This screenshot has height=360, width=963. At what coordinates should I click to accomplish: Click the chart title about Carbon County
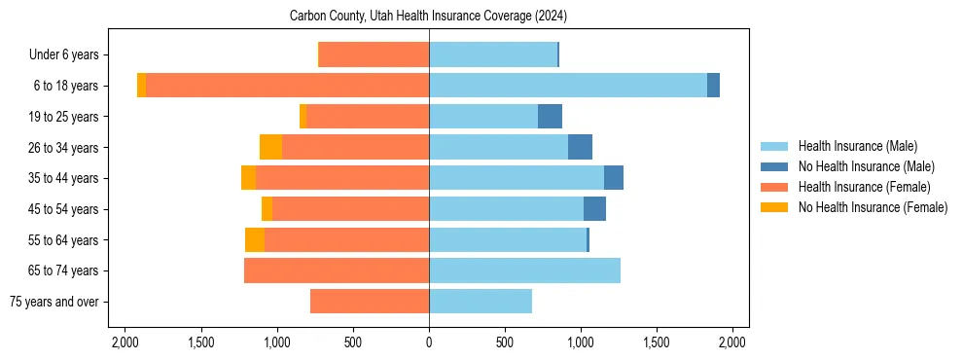[428, 17]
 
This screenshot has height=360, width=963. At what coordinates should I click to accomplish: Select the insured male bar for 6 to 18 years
[568, 86]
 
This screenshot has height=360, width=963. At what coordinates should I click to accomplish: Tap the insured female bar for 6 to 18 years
[287, 86]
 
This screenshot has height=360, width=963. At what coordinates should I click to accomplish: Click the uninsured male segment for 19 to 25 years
[550, 117]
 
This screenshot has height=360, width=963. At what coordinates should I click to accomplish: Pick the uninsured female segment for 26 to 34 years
[270, 147]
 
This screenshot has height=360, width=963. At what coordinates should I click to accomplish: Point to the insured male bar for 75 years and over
[481, 302]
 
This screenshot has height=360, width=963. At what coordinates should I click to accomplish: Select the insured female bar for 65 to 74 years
[337, 270]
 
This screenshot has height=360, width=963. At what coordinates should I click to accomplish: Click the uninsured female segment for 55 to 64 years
[255, 239]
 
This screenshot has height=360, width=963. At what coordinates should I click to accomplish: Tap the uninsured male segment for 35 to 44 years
[614, 178]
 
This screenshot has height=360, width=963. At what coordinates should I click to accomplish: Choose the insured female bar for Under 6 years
[374, 54]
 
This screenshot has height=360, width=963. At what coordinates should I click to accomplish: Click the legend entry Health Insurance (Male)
[857, 146]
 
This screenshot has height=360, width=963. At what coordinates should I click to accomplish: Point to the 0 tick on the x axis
[429, 342]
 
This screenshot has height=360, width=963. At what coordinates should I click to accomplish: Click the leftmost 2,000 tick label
[125, 342]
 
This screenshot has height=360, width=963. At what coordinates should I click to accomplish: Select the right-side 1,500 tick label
[657, 342]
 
